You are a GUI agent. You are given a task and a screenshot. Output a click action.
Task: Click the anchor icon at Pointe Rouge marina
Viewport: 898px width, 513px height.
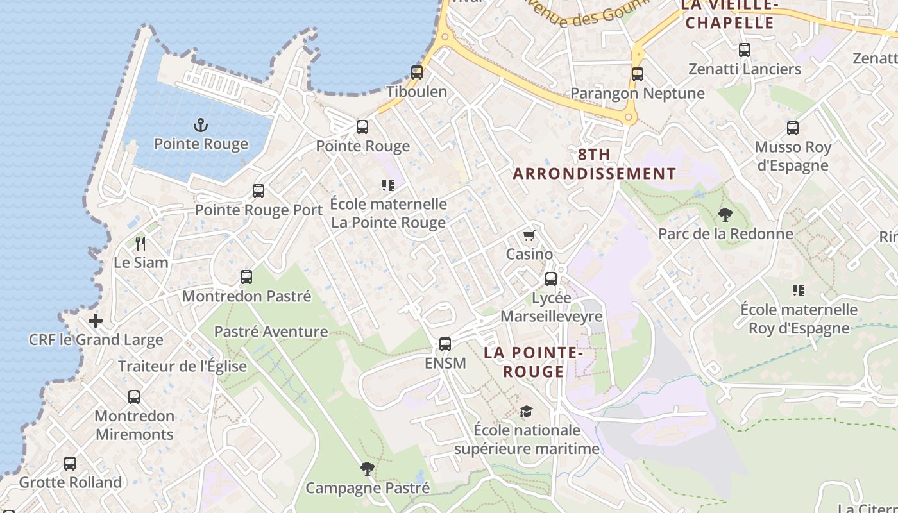[201, 124]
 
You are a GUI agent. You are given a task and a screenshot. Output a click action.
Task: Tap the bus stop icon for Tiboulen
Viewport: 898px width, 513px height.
[417, 72]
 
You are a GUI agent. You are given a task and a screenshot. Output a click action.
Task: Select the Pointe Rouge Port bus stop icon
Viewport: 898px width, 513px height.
[258, 191]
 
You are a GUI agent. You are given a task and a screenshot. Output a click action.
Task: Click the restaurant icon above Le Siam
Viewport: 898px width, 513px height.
[140, 244]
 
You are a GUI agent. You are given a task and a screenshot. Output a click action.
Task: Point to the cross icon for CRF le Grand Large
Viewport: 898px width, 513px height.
[96, 321]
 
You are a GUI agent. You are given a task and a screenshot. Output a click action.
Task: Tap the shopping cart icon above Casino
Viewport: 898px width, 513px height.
[529, 236]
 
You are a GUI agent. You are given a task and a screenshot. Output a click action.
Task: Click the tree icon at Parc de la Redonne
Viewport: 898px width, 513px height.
[725, 215]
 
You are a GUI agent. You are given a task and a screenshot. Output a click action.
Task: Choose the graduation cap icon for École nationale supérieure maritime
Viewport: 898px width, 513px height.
[526, 411]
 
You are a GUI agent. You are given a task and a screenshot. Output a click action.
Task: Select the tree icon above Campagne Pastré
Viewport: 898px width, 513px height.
[367, 469]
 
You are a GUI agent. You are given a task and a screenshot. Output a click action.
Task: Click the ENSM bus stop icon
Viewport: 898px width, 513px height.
[445, 344]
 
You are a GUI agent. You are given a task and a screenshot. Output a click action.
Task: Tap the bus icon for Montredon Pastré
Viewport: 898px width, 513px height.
[246, 277]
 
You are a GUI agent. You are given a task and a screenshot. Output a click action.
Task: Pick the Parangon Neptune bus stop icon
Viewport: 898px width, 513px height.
[637, 74]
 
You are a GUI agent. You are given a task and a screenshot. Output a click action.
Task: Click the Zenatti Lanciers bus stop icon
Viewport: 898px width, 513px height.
[745, 50]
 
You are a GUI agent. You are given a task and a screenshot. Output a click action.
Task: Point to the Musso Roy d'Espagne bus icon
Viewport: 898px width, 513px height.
[793, 128]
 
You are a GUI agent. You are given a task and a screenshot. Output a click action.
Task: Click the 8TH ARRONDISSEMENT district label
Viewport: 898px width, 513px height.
[594, 164]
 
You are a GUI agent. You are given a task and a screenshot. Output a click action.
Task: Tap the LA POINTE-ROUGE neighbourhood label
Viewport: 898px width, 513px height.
[533, 362]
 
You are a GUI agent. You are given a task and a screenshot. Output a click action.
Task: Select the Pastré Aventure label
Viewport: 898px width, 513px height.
[271, 332]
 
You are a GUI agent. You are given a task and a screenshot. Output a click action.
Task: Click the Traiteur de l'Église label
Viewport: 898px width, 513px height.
[182, 366]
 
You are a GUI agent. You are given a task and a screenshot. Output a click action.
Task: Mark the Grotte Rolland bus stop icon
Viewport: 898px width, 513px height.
[70, 463]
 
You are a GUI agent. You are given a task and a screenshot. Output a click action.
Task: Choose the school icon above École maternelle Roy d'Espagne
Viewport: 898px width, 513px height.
[799, 290]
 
